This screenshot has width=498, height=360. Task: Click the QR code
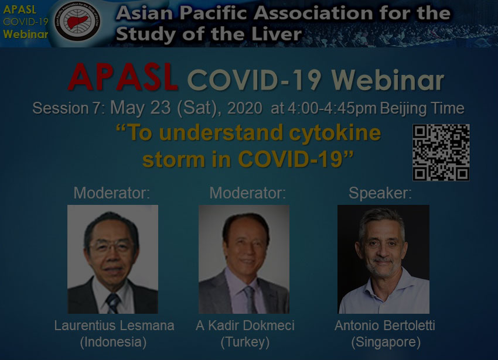click(441, 152)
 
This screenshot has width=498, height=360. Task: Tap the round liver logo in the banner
click(77, 21)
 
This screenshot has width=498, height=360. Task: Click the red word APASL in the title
click(123, 77)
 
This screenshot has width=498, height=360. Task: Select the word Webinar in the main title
click(387, 80)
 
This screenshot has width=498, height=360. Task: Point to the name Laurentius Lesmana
click(114, 325)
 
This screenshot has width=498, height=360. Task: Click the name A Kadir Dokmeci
click(245, 325)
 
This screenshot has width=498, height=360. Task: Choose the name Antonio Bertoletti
click(384, 325)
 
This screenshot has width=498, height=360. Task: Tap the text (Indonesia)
click(113, 342)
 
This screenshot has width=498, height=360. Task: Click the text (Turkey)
click(245, 342)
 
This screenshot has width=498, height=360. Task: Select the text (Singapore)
click(386, 342)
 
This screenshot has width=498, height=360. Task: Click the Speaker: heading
click(380, 193)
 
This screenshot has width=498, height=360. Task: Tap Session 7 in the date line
click(69, 108)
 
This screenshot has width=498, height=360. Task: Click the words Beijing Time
click(422, 108)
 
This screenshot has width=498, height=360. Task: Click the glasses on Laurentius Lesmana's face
click(111, 246)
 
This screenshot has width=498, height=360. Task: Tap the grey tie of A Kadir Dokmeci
click(250, 299)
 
